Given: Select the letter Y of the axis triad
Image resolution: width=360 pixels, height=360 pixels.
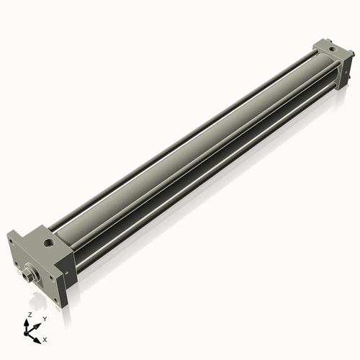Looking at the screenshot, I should pos(44,318).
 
